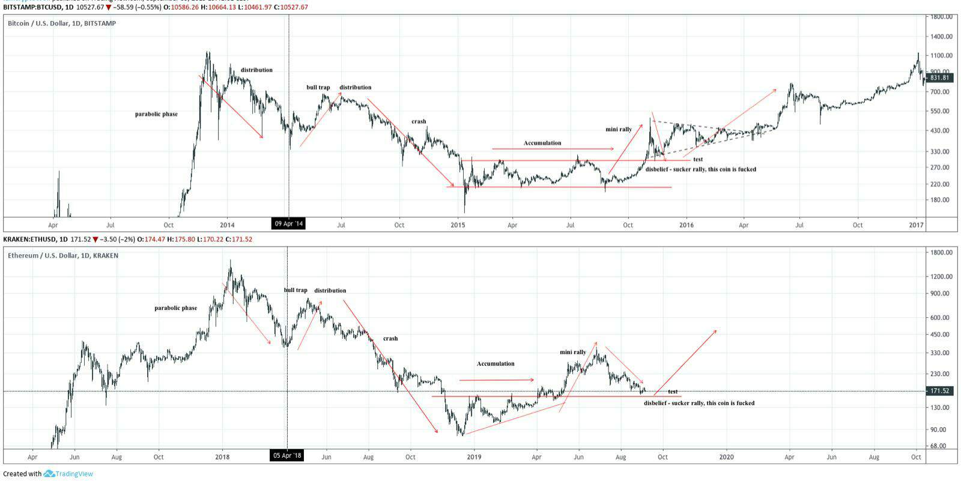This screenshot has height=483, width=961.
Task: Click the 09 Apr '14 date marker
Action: click(x=289, y=224)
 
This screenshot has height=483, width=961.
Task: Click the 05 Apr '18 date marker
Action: click(x=287, y=455)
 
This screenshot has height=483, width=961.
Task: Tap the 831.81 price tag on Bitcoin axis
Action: click(x=939, y=77)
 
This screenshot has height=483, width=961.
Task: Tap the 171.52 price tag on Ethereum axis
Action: click(x=939, y=391)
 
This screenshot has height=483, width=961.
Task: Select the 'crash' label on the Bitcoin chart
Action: click(x=419, y=121)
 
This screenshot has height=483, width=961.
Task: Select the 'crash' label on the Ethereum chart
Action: click(x=390, y=338)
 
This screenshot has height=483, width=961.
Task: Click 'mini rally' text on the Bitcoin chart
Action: click(x=619, y=129)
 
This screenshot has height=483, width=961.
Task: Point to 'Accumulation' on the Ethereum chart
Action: click(x=496, y=363)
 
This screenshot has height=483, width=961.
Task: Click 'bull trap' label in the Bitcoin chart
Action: click(x=318, y=88)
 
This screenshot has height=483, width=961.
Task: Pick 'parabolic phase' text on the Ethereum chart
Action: click(x=175, y=308)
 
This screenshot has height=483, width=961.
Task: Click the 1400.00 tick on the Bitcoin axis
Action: click(x=941, y=37)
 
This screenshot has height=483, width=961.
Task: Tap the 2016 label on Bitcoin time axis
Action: click(x=686, y=225)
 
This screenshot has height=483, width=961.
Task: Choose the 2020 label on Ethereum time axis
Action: click(x=726, y=457)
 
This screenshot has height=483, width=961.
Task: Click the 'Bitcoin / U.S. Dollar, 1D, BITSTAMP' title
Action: click(x=62, y=23)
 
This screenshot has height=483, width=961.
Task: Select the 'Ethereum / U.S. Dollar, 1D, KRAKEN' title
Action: click(x=63, y=255)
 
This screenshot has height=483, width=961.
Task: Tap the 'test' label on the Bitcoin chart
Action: click(x=698, y=159)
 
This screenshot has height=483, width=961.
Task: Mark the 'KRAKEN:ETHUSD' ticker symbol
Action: click(x=29, y=239)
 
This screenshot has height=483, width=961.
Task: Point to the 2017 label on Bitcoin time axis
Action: click(x=917, y=225)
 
